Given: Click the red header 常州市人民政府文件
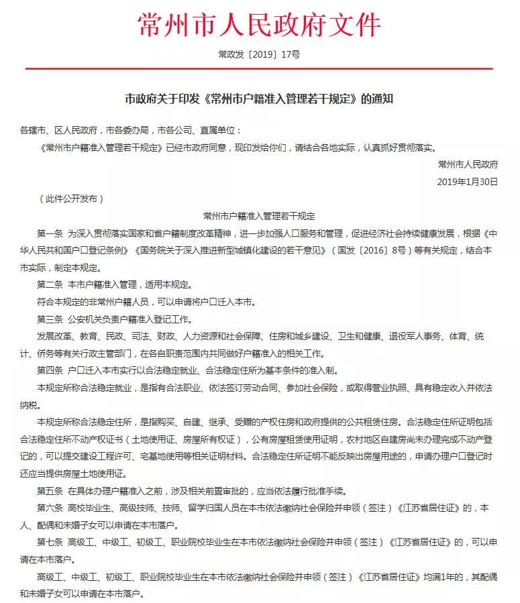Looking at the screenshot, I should tap(259, 25).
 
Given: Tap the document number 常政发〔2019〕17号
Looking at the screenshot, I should tap(259, 54).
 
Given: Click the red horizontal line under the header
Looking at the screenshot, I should tap(259, 68).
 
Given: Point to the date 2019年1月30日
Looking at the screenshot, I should tap(468, 181).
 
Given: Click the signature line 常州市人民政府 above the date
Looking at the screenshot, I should tap(468, 164).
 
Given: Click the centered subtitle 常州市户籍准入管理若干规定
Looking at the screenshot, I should tap(259, 216).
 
